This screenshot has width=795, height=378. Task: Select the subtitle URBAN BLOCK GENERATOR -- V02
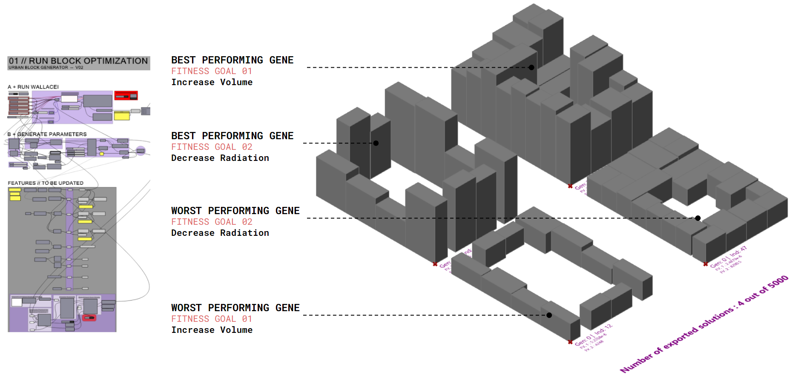pos(46,67)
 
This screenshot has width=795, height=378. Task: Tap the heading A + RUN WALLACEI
pos(33,87)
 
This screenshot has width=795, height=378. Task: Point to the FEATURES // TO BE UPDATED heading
pos(46,183)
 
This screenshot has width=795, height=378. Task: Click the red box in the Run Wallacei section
pos(126,96)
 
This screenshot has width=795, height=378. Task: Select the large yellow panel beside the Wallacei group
pos(122,115)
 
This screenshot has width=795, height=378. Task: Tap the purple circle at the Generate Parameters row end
pos(141,151)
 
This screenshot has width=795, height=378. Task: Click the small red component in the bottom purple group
pos(89,318)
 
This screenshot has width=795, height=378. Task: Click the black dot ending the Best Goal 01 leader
pos(531,67)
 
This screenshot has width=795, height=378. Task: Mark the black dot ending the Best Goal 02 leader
pos(376,143)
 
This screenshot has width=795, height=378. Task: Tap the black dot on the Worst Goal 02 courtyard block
pos(698,218)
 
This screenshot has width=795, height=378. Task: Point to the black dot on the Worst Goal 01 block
pos(549,315)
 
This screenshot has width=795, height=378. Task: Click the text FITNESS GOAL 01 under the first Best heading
pos(212,71)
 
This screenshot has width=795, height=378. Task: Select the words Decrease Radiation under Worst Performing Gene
pos(220,233)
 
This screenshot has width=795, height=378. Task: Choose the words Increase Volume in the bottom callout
pos(212,330)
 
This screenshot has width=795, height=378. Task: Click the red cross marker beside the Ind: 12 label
pos(570,342)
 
